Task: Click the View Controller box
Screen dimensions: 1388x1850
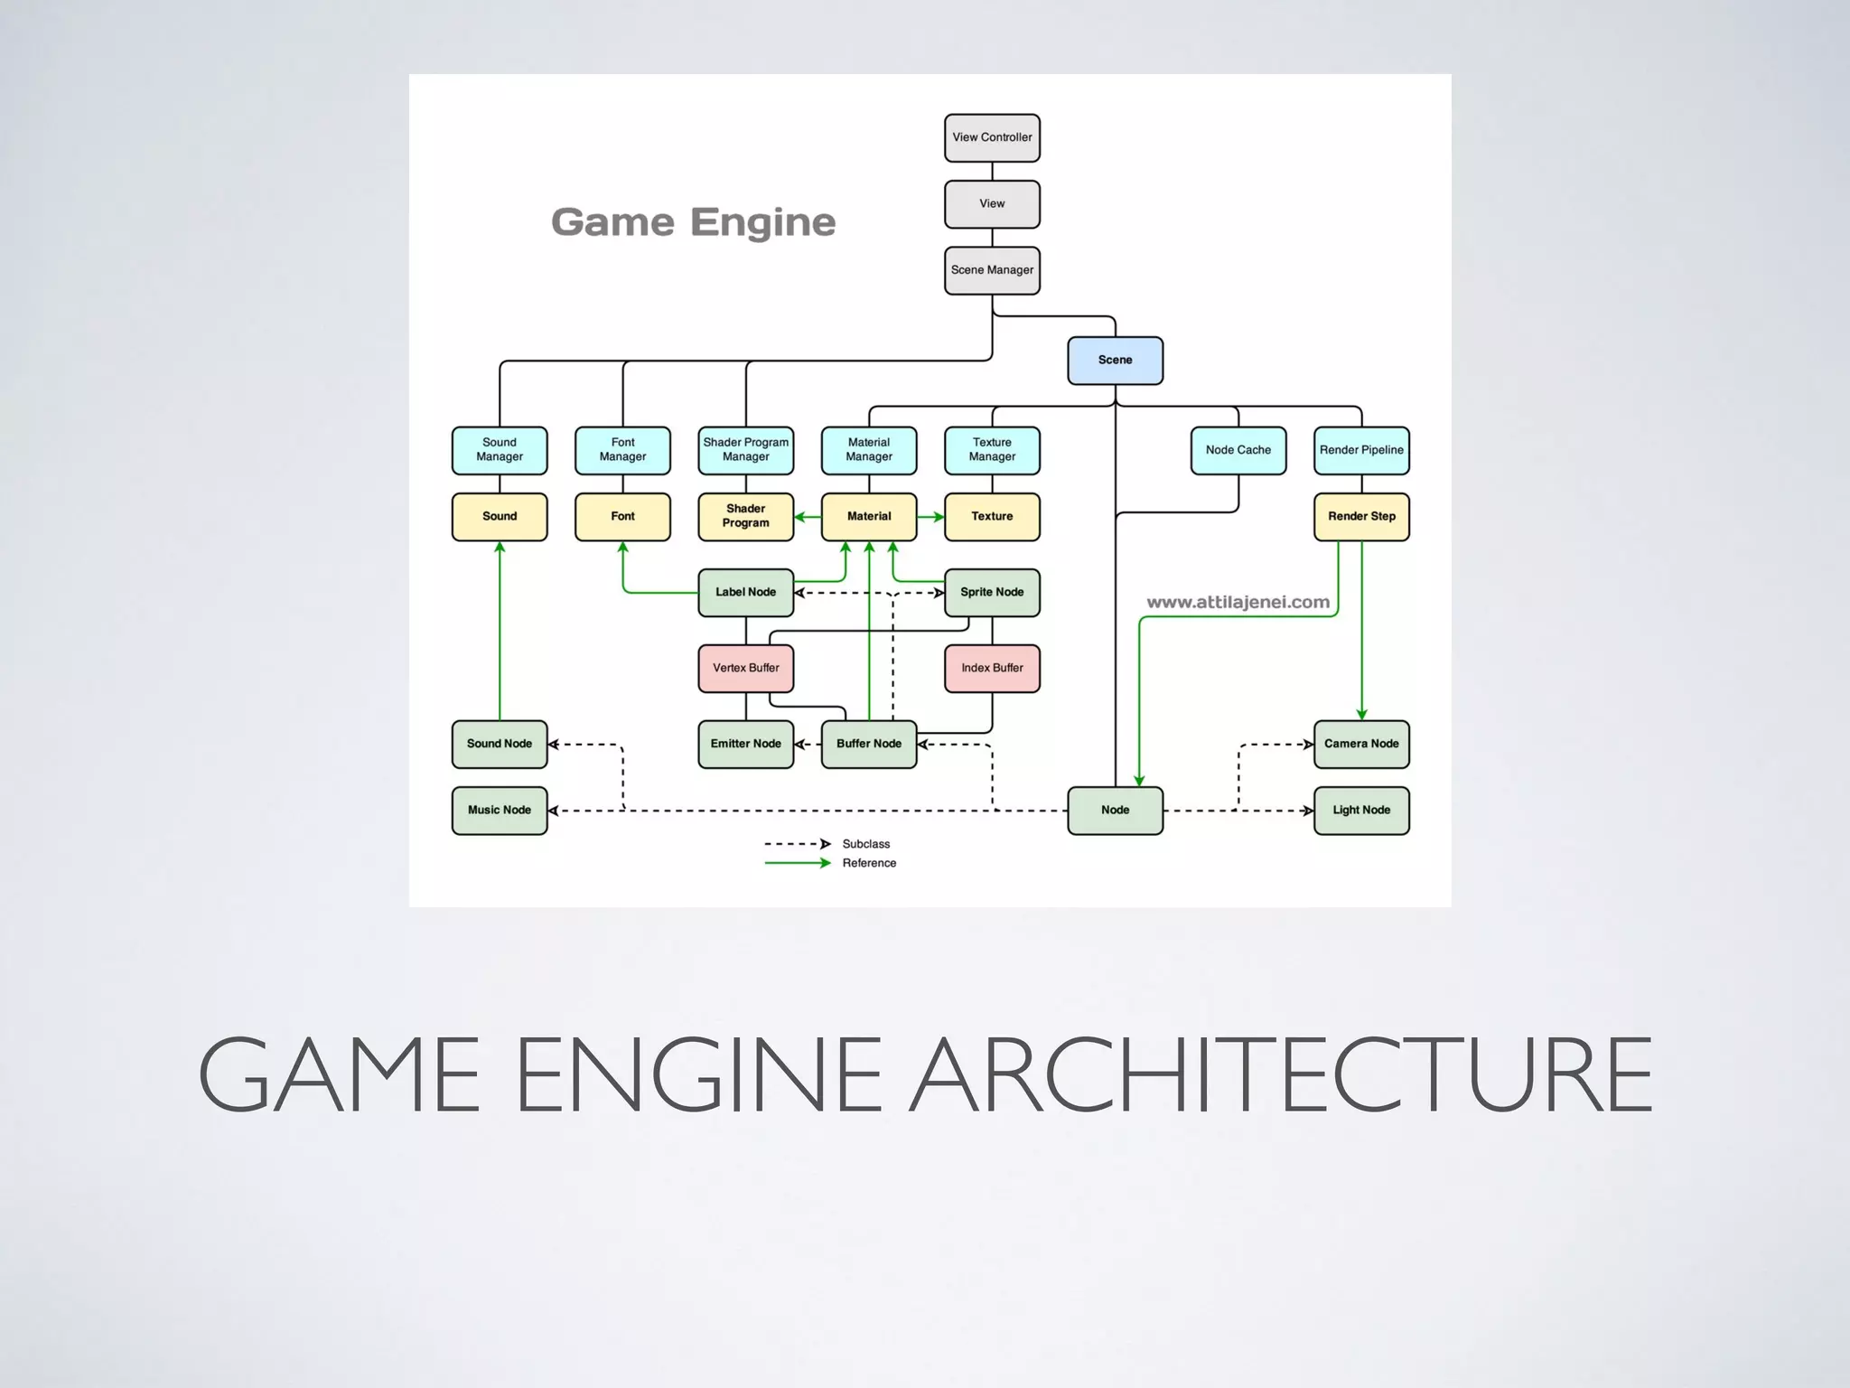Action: coord(992,137)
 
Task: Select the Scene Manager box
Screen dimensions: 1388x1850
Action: coord(992,270)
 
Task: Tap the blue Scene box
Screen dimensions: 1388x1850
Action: coord(1115,361)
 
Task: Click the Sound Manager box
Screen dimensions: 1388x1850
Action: coord(500,450)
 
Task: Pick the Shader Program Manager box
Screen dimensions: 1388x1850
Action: coord(745,450)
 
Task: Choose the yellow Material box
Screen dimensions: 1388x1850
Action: coord(869,517)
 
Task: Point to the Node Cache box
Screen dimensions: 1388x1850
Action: coord(1238,450)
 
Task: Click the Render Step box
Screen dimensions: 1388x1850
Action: coord(1361,517)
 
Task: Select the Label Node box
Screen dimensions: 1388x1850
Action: coord(745,593)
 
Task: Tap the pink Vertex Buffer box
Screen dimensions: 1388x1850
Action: coord(745,669)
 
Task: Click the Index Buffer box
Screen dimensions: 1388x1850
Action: coord(992,669)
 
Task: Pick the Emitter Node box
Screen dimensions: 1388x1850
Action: coord(745,745)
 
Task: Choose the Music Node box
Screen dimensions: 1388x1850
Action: coord(500,811)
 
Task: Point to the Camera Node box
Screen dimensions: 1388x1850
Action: coord(1361,745)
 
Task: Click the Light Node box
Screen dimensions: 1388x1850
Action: coord(1361,811)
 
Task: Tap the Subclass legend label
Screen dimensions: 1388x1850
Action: coord(865,844)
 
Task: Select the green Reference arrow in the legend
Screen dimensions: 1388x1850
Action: coord(797,863)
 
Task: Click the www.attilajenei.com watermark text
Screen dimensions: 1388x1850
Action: coord(1238,603)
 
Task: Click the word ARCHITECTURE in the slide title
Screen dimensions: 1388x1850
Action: coord(1280,1075)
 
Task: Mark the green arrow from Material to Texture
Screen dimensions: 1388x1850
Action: coord(930,517)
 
